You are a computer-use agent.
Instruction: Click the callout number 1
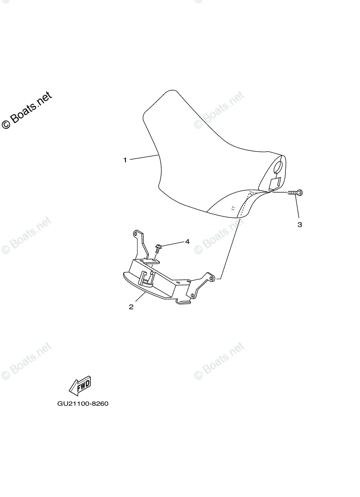point(125,160)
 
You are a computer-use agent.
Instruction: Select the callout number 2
point(131,307)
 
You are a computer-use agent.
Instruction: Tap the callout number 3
point(300,224)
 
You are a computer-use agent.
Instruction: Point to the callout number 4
point(187,241)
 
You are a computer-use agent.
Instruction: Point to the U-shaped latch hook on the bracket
point(146,278)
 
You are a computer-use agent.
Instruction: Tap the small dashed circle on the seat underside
point(232,208)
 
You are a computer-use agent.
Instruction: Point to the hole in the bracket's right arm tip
point(211,278)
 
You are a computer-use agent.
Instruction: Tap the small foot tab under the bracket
point(183,302)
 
